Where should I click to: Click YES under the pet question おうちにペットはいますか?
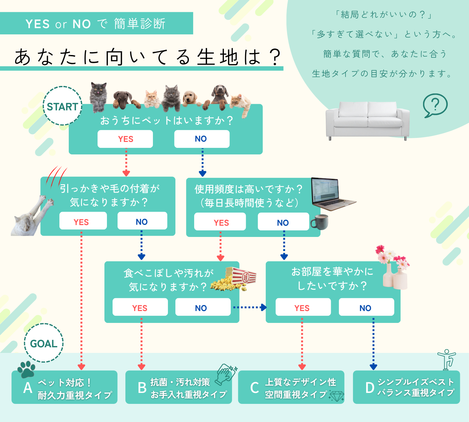pos(125,139)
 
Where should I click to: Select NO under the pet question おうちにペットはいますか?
pos(202,139)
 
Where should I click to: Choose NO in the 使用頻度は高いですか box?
pos(283,222)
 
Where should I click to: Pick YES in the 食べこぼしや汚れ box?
pos(140,308)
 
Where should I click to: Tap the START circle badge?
pos(63,106)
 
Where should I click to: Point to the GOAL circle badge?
pos(44,343)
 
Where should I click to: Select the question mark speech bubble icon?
pos(435,105)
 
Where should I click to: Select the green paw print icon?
pos(26,369)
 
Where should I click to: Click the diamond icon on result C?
pos(336,396)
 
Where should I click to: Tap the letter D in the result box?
pos(370,388)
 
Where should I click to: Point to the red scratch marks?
pos(56,177)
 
